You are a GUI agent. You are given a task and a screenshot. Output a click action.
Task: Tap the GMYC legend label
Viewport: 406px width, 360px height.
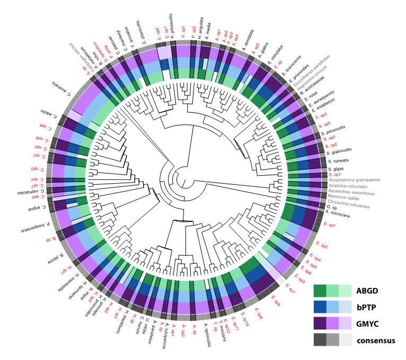pos(367,323)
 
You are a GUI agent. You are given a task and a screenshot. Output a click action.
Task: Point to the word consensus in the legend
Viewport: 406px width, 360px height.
pos(375,340)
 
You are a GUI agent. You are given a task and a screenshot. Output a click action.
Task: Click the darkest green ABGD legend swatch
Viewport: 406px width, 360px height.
pos(320,291)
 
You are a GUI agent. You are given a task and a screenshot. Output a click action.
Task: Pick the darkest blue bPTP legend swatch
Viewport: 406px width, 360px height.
pos(320,307)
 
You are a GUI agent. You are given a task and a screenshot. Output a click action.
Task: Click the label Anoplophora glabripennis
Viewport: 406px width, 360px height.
pos(360,180)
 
